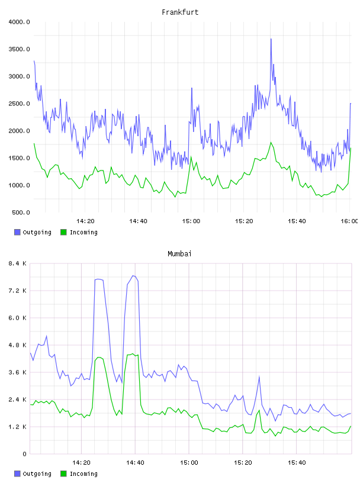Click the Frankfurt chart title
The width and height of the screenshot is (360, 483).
pos(180,12)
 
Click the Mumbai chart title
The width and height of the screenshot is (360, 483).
pos(179,254)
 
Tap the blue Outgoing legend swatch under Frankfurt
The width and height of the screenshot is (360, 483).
pos(17,232)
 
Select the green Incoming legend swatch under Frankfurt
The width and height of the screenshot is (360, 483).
pos(63,232)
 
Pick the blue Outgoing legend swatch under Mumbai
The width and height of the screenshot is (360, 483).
pos(17,474)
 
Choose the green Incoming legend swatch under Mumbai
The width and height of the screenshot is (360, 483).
pos(63,474)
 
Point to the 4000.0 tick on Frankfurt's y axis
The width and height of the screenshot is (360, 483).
pos(20,22)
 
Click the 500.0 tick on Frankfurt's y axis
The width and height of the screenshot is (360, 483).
pos(21,212)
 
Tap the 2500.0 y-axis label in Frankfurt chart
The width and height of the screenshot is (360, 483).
pos(20,104)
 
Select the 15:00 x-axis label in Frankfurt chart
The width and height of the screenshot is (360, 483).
pos(191,221)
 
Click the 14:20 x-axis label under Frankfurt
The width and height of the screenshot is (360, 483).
pos(85,221)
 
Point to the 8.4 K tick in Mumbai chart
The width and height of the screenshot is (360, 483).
pos(18,263)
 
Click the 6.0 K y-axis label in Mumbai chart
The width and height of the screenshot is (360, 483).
pos(18,318)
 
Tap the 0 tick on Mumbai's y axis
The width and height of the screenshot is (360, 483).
pos(25,454)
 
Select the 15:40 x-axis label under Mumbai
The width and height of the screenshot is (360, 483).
pos(297,463)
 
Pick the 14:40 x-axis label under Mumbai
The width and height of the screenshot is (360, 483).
pos(136,463)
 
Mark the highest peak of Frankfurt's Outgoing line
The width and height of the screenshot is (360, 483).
pos(271,39)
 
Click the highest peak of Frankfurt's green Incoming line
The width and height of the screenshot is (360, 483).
pos(271,142)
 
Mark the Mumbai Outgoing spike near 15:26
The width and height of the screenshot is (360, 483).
pos(259,376)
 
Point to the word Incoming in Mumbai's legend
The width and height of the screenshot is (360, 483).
pos(83,474)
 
